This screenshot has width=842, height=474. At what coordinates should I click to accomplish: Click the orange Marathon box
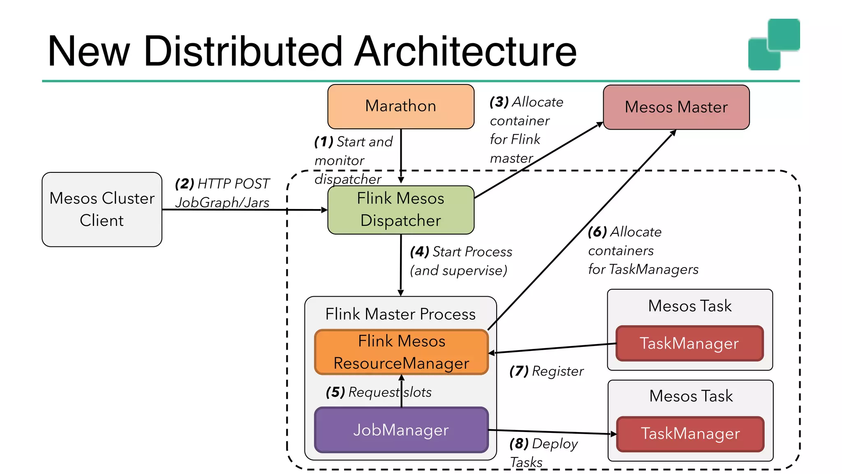coord(400,107)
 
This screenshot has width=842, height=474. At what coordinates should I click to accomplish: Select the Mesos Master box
coord(676,107)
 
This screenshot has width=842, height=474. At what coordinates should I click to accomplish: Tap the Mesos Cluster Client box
coord(102,209)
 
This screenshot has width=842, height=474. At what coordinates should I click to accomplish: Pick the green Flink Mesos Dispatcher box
coord(400,210)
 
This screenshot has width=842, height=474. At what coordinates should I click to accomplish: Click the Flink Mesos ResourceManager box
coord(401,352)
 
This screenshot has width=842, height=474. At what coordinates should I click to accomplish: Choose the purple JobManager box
coord(401,430)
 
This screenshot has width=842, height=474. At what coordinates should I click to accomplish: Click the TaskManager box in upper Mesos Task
coord(689,344)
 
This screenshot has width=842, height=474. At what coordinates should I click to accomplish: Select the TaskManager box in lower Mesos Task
coord(690,434)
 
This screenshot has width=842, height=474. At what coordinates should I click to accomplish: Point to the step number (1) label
coord(324,142)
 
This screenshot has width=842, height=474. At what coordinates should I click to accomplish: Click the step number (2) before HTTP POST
coord(184,184)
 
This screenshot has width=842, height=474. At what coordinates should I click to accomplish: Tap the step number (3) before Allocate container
coord(499,102)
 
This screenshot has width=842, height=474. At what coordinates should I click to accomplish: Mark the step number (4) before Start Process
coord(419,252)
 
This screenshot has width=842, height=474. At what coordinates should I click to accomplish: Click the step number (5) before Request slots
coord(335,392)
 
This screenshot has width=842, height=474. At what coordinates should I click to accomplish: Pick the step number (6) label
coord(597,232)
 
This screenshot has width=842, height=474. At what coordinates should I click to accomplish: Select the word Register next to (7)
coord(557,372)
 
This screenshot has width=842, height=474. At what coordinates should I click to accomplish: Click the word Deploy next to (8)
coord(555,444)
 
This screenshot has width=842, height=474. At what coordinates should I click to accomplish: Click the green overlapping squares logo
coord(773,44)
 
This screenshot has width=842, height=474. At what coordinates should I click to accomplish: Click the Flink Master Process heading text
coord(400,314)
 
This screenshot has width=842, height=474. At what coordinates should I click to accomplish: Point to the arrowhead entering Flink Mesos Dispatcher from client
coord(324,210)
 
